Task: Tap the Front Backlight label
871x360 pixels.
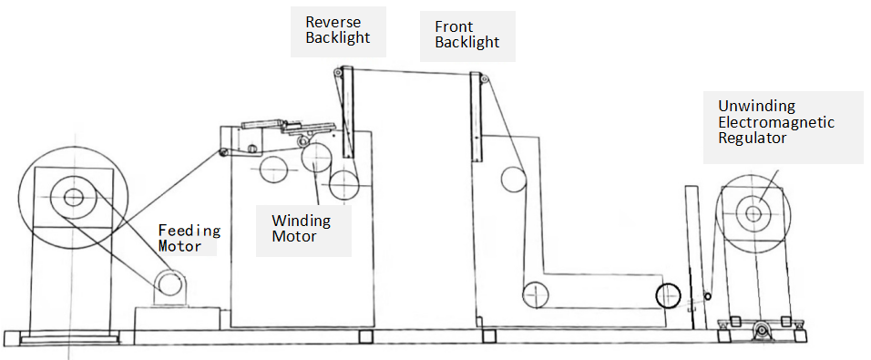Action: (466, 35)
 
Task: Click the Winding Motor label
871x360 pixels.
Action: (301, 228)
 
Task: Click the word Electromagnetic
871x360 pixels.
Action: (776, 122)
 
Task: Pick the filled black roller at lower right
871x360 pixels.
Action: (668, 294)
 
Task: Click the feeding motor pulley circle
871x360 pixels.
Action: (169, 283)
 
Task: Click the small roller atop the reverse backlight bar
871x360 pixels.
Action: (337, 72)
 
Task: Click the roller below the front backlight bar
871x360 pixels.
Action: (514, 180)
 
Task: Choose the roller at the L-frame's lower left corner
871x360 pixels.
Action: (535, 294)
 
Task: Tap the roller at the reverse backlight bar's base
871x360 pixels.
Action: (344, 185)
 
